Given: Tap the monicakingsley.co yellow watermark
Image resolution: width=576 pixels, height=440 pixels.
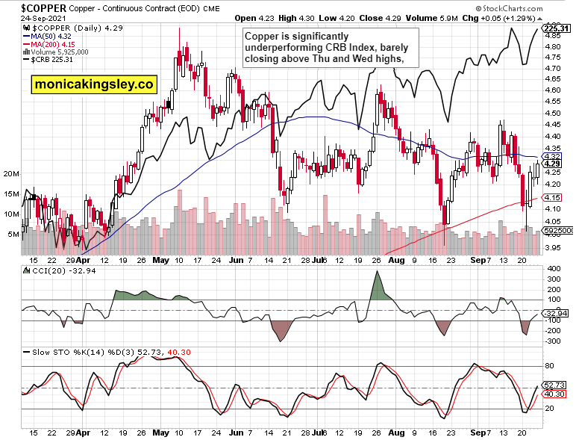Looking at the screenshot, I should click(x=96, y=84).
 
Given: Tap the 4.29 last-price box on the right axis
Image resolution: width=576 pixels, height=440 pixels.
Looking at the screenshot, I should click(x=553, y=164).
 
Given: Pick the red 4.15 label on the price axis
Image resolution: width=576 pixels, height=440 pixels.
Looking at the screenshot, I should click(x=553, y=197).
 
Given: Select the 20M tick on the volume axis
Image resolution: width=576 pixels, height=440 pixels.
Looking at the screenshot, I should click(x=11, y=173).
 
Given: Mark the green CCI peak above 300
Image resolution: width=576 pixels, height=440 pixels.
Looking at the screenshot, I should click(x=378, y=276).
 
